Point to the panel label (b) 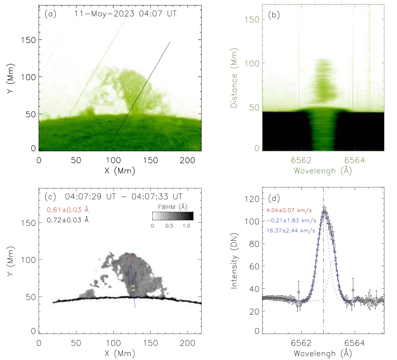click(x=274, y=15)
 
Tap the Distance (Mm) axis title click(x=234, y=78)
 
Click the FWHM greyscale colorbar click(x=173, y=216)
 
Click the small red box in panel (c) click(x=133, y=259)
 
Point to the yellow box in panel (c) click(x=133, y=288)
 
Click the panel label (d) click(x=274, y=198)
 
